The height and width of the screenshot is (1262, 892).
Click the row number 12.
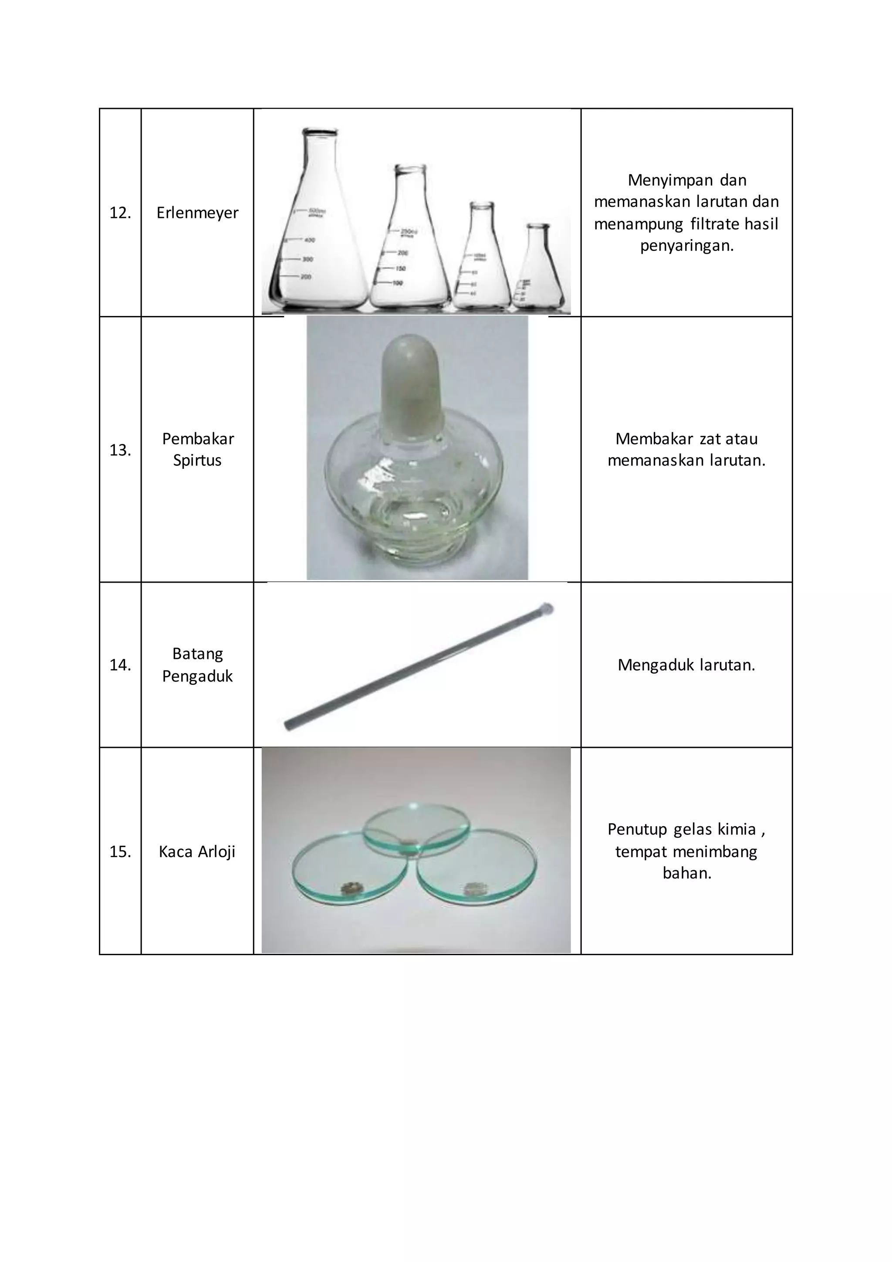[120, 213]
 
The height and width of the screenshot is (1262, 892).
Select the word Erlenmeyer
[197, 213]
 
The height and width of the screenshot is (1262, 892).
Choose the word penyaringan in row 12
[686, 246]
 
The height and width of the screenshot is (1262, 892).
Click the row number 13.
[120, 450]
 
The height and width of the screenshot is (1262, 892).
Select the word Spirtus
[197, 461]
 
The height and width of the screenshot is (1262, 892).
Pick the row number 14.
[120, 665]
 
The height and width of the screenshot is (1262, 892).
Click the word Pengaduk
[197, 676]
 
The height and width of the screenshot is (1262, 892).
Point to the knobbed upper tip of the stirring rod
[547, 609]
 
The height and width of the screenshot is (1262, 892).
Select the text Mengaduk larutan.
[686, 665]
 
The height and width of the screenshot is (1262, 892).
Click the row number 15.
[120, 852]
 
